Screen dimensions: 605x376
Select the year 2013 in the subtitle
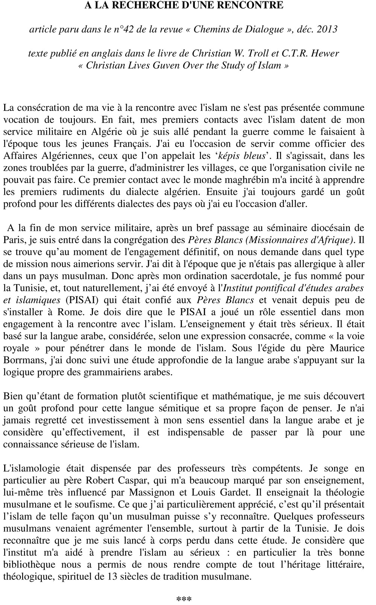click(x=327, y=29)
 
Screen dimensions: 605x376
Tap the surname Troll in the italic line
click(x=267, y=53)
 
